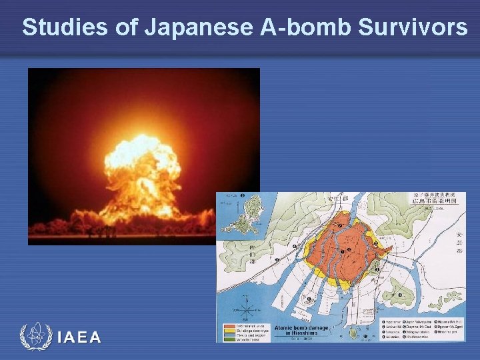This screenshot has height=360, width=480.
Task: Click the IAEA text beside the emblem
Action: tap(79, 337)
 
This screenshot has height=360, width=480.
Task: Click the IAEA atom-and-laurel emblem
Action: tap(34, 336)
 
